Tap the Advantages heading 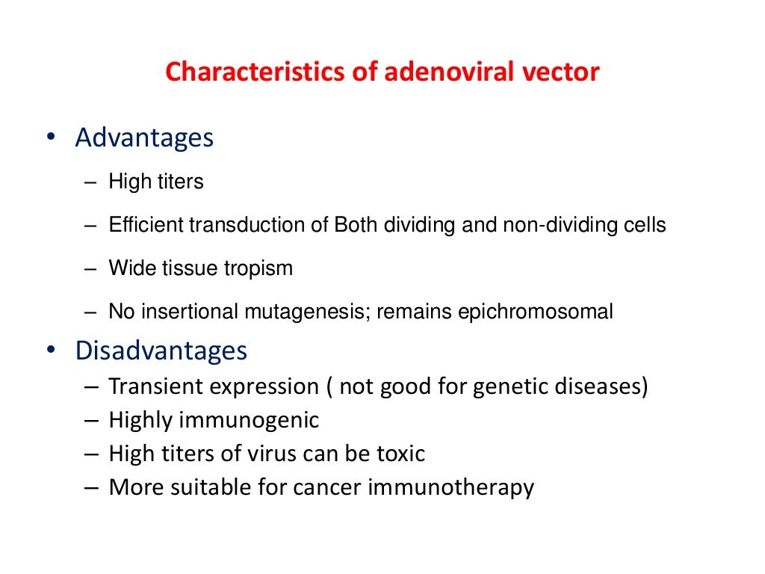click(x=144, y=138)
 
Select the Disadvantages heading click(x=161, y=351)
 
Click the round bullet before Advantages click(x=51, y=138)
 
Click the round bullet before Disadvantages click(x=51, y=351)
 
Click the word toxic click(x=400, y=454)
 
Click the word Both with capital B click(x=356, y=225)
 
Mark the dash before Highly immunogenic click(x=92, y=421)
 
